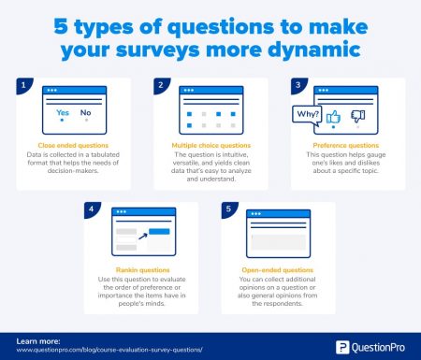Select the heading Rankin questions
[141, 271]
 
